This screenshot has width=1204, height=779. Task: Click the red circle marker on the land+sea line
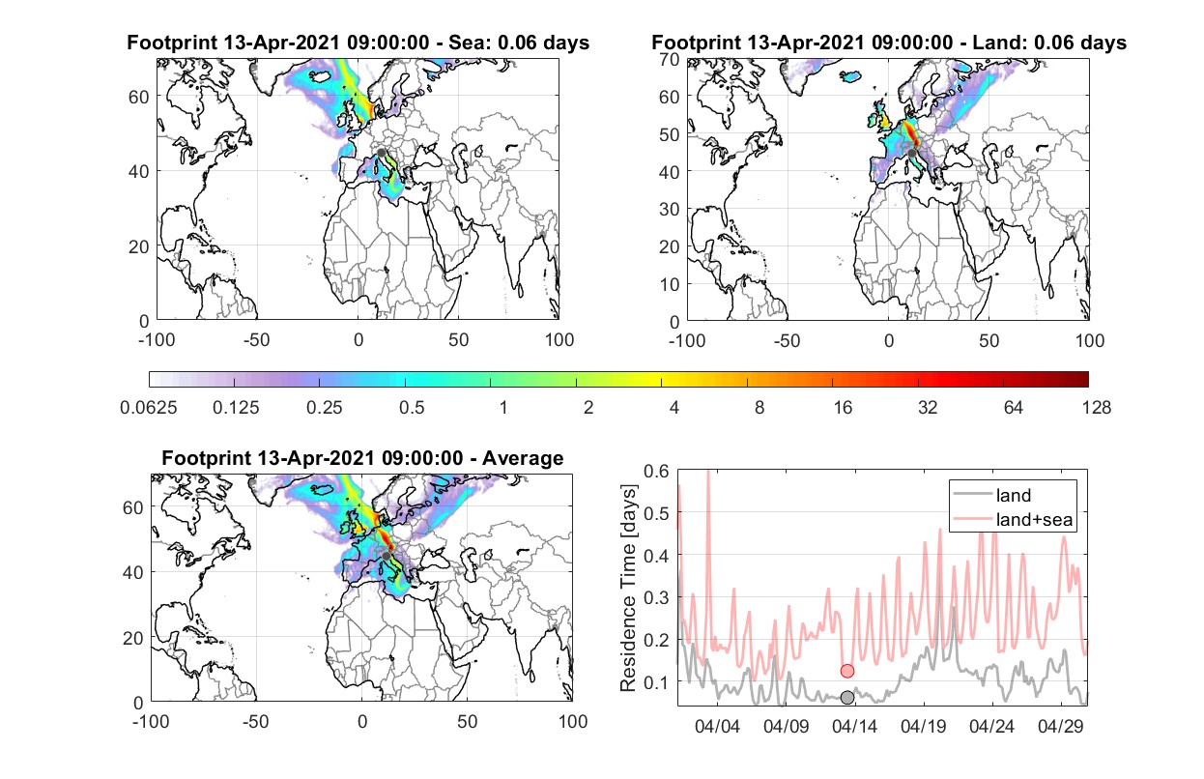click(x=847, y=671)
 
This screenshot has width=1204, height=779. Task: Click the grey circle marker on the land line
click(x=847, y=697)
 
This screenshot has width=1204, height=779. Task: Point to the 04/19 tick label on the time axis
click(x=923, y=726)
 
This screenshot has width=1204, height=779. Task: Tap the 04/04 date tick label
click(x=717, y=726)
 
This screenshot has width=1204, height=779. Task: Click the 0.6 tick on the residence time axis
click(x=656, y=471)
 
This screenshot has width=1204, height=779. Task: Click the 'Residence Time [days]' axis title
click(x=628, y=589)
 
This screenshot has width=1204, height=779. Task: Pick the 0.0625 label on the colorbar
click(x=149, y=408)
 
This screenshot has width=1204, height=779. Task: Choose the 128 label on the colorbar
click(x=1096, y=408)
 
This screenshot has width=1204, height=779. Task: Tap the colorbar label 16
click(x=843, y=408)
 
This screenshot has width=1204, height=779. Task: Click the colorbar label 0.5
click(x=412, y=408)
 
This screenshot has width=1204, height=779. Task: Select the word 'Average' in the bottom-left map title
click(x=523, y=458)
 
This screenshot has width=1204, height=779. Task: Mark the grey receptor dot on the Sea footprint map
click(x=381, y=153)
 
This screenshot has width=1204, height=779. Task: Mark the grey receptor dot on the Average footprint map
click(x=387, y=556)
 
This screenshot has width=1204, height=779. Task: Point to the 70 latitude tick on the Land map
click(x=670, y=59)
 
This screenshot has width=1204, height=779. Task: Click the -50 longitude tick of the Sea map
click(x=256, y=340)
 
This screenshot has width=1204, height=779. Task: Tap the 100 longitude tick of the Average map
click(x=572, y=721)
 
